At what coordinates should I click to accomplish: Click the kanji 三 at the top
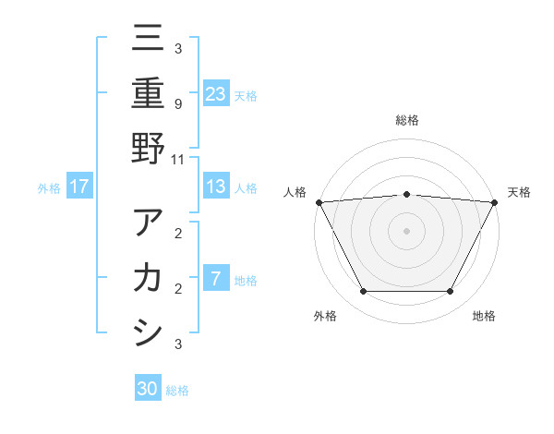[x=147, y=40]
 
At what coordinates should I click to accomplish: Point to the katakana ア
[x=147, y=223]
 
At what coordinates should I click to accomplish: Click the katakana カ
[x=147, y=278]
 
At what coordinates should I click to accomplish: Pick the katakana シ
[x=147, y=332]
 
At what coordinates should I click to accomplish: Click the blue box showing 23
[x=216, y=93]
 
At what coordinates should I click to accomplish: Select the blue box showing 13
[x=216, y=187]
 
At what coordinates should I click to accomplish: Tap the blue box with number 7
[x=216, y=279]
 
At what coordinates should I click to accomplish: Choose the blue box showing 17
[x=79, y=187]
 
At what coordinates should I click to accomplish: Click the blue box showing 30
[x=148, y=389]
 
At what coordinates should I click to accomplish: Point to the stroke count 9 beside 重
[x=177, y=103]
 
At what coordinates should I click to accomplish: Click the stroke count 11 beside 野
[x=177, y=159]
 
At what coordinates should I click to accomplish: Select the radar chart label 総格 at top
[x=406, y=120]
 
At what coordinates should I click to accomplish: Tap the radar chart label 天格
[x=519, y=192]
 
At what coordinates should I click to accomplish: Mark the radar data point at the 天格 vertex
[x=494, y=201]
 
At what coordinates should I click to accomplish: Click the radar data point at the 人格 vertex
[x=319, y=201]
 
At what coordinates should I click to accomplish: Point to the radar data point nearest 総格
[x=406, y=194]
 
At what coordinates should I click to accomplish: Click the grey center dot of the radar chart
[x=406, y=230]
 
